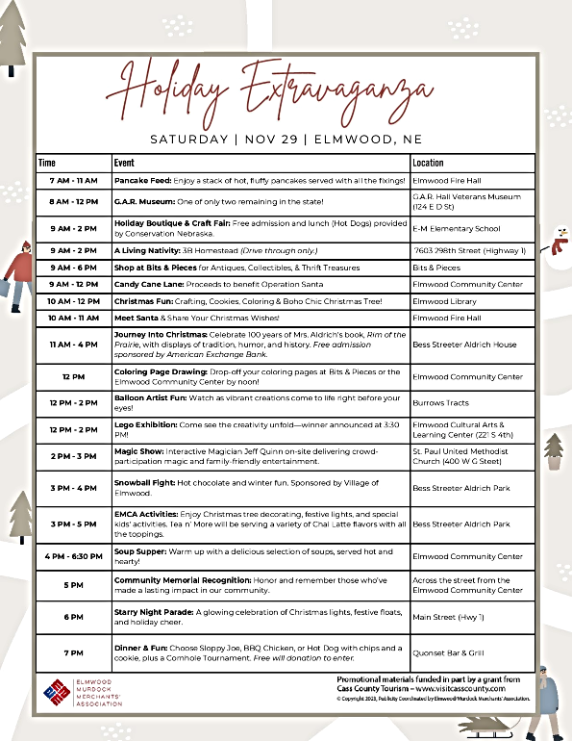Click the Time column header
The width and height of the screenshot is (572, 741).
click(x=47, y=163)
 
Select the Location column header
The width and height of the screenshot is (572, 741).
click(x=428, y=163)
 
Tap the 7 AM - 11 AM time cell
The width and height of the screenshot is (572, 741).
click(x=73, y=180)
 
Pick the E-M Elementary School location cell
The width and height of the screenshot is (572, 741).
click(x=457, y=229)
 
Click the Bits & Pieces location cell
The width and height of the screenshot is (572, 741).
click(x=436, y=268)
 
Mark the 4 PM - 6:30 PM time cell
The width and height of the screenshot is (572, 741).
click(x=73, y=556)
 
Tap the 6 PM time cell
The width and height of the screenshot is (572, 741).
click(x=73, y=616)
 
